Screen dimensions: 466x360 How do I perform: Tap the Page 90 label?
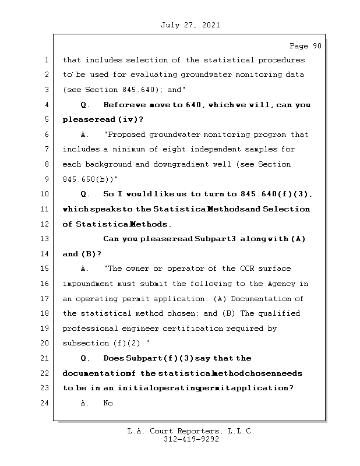click(305, 46)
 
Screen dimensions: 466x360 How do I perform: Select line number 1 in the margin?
click(45, 60)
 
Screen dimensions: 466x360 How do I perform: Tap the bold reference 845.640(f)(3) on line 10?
click(276, 194)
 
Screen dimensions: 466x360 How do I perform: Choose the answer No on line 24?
click(110, 403)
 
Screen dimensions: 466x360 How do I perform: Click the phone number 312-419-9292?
click(191, 440)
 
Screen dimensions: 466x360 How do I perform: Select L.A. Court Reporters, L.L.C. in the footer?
click(190, 432)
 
